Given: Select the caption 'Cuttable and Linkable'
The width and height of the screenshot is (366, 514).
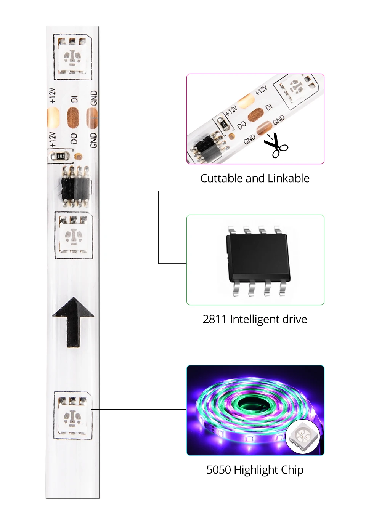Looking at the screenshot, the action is click(255, 178).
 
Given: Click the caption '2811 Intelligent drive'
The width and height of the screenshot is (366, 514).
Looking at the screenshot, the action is click(255, 319).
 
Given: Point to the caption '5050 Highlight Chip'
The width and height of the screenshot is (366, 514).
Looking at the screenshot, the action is click(255, 470).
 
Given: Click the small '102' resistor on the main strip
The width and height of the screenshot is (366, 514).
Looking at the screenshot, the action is click(60, 157).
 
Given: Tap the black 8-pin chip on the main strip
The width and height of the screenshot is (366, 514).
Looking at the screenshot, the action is click(75, 186).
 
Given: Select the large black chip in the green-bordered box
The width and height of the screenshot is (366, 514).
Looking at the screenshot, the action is click(258, 262).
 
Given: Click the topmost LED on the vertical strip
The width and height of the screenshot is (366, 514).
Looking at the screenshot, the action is click(73, 56).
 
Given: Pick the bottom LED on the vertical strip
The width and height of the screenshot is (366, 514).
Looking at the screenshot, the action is click(73, 416).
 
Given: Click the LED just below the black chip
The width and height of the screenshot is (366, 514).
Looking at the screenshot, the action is click(74, 235).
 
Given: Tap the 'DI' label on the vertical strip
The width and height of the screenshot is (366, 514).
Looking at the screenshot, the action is click(74, 99).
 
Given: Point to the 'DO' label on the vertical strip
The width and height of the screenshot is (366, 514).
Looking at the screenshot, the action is click(74, 138).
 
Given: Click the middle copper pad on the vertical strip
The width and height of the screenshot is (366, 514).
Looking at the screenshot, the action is click(73, 118).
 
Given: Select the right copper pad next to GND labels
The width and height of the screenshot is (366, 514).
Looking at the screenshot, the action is click(92, 118).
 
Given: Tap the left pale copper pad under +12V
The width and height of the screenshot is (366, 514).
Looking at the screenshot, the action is click(53, 118).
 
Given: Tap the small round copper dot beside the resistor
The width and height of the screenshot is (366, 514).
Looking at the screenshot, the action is click(79, 156).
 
